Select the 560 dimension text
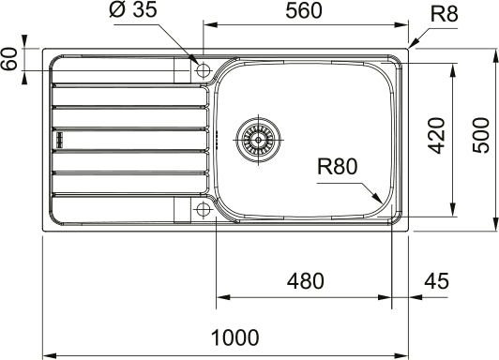[x=304, y=11]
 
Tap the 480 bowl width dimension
[x=304, y=280]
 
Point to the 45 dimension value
[x=436, y=280]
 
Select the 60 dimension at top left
[x=10, y=58]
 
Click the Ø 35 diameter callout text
[x=132, y=11]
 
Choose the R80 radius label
[x=338, y=169]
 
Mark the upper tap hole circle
[x=202, y=68]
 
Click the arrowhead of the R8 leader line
[x=413, y=46]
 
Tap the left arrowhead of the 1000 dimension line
[x=48, y=355]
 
